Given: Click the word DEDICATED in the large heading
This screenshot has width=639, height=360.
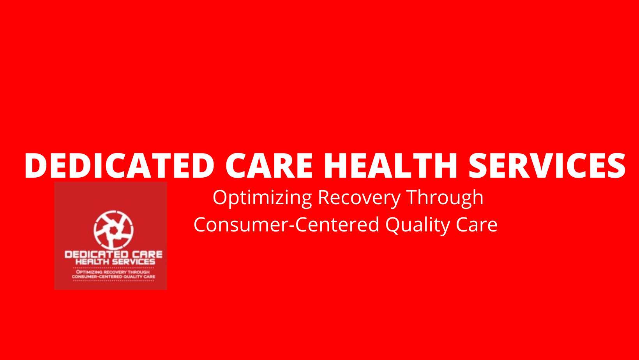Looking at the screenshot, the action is tap(120, 166).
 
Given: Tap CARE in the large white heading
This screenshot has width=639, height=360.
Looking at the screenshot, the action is tap(269, 166).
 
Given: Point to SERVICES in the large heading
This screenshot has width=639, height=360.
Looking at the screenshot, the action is tap(547, 166).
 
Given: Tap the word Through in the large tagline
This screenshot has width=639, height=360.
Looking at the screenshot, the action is tap(445, 198).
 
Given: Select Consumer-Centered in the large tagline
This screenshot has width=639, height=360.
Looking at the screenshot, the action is tap(286, 224).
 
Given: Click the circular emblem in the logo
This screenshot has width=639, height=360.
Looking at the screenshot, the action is tap(113, 230).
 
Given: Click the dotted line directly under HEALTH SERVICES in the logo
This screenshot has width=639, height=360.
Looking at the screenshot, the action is tap(113, 268).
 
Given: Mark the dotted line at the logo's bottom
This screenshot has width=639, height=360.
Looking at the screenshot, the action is tap(113, 281).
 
